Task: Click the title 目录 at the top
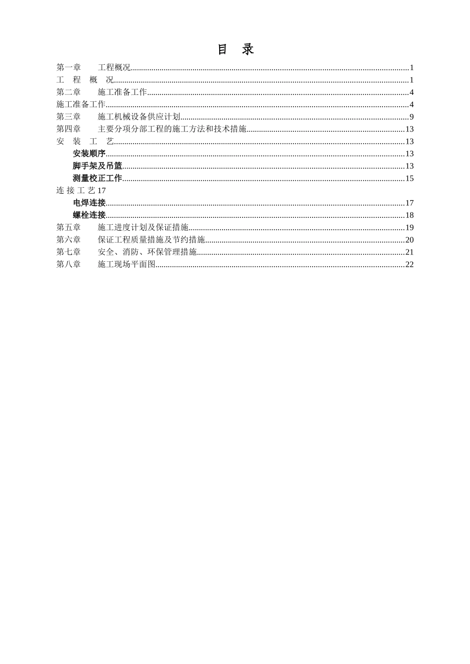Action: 235,49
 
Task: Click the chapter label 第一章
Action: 68,68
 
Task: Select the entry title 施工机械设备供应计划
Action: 139,117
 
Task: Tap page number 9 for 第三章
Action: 412,117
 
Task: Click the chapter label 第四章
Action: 68,129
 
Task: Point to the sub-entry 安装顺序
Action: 89,154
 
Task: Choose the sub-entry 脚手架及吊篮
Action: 97,166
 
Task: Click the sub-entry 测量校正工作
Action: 97,178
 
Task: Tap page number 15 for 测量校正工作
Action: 410,178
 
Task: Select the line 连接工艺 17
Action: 81,191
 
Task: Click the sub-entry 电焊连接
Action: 89,203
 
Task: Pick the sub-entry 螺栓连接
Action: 89,215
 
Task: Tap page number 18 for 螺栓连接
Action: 410,215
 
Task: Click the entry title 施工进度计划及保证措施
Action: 143,227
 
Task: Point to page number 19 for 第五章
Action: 410,227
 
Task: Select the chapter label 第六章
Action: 68,240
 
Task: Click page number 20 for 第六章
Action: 410,240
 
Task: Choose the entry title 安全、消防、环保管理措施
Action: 147,252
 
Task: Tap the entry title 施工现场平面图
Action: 127,264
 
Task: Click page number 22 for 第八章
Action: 410,264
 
